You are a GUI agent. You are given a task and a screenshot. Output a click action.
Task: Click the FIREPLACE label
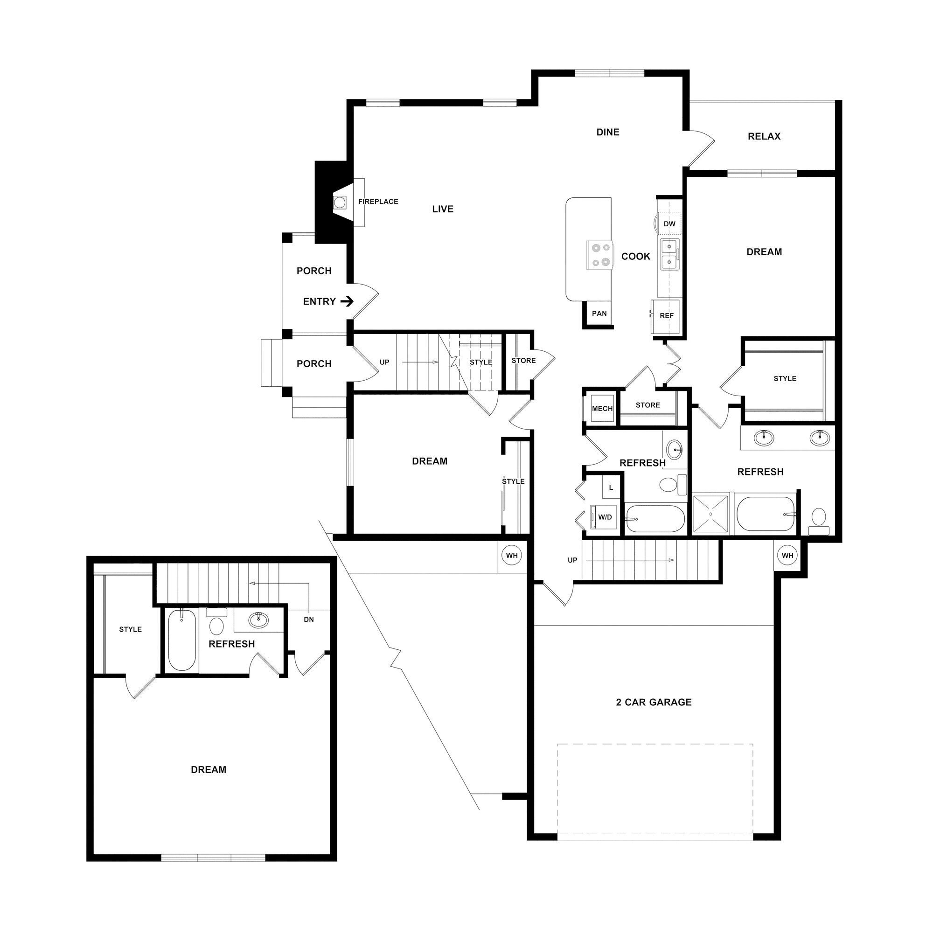click(x=378, y=202)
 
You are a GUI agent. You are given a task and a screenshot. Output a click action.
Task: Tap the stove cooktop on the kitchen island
click(x=599, y=255)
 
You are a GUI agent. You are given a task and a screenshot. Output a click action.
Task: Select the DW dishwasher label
click(x=669, y=223)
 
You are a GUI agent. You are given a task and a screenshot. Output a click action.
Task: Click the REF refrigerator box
click(x=666, y=316)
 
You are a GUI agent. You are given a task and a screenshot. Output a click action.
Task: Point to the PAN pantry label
click(x=599, y=313)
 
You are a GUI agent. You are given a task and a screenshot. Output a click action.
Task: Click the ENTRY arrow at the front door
click(x=347, y=302)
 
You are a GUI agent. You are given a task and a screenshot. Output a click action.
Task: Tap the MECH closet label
click(x=602, y=409)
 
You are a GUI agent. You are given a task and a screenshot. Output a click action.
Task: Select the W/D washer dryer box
click(x=605, y=517)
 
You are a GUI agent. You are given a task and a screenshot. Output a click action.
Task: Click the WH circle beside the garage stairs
click(x=787, y=555)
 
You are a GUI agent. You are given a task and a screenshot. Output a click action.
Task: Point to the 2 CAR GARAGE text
click(x=654, y=702)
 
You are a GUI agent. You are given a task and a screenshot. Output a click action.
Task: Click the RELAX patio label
click(x=764, y=136)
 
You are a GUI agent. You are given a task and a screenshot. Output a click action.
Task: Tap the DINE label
click(x=607, y=132)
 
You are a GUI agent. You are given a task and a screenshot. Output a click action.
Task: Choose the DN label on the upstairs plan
click(x=308, y=619)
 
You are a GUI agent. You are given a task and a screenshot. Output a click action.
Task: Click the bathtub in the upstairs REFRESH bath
click(x=181, y=641)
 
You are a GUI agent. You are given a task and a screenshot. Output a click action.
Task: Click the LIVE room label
click(x=442, y=209)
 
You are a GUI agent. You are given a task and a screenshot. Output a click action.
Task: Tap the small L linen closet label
click(x=611, y=487)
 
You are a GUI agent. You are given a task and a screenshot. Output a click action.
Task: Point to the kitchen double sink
click(x=669, y=255)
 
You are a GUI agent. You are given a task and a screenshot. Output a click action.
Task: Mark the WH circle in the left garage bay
click(x=511, y=555)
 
